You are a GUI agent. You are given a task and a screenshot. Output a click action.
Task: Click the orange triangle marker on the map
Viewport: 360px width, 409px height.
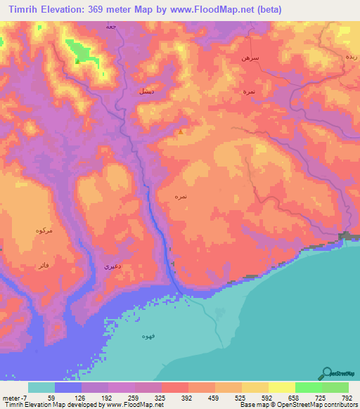click(x=181, y=131)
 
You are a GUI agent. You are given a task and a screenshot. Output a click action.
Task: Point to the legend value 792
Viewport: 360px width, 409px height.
click(x=347, y=398)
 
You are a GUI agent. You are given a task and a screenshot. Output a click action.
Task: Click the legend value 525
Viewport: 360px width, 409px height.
click(x=240, y=398)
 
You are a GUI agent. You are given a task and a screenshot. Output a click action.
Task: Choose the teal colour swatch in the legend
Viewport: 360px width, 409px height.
click(x=41, y=387)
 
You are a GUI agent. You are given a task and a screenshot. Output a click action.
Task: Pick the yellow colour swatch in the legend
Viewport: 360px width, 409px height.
click(x=282, y=387)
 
